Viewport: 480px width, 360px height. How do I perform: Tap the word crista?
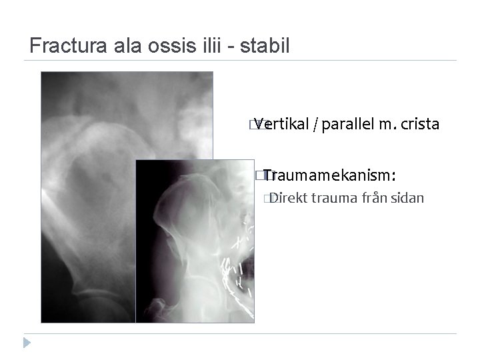(x=419, y=124)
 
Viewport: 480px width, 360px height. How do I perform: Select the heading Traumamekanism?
(x=330, y=175)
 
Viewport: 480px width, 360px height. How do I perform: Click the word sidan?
(x=410, y=197)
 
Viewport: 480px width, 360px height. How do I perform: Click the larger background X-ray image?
(x=87, y=200)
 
